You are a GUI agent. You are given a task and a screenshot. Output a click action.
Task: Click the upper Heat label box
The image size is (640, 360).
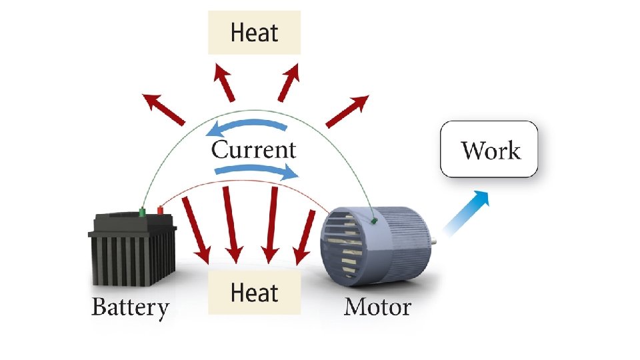click(255, 32)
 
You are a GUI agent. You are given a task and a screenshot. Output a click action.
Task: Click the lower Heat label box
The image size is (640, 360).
click(254, 293)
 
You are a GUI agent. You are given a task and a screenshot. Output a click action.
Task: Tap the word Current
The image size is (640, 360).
click(253, 149)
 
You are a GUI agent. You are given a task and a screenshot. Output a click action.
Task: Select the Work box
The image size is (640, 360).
click(489, 149)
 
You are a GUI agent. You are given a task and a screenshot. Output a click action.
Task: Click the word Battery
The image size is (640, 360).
click(131, 308)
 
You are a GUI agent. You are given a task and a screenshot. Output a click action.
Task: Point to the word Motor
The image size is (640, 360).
click(377, 308)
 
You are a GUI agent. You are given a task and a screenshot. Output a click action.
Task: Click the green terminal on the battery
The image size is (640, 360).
click(141, 212)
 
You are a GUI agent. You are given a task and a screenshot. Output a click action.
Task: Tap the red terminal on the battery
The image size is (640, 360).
click(159, 211)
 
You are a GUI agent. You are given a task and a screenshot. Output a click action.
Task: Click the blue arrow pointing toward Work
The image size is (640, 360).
click(467, 212)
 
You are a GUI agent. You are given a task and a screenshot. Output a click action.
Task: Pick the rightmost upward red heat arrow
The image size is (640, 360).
click(347, 110)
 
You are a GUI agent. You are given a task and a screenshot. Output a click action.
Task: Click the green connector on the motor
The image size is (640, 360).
click(373, 219)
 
